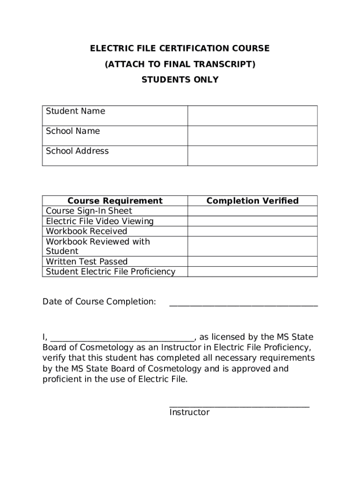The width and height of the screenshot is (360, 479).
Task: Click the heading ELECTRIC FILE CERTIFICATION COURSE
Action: [x=180, y=49]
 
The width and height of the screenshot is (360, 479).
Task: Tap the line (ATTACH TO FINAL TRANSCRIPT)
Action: [x=180, y=64]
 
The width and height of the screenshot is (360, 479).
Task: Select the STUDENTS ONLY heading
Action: [x=180, y=80]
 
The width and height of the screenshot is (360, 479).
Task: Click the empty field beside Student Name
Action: [x=252, y=116]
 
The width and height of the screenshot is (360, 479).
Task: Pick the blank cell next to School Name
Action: [x=252, y=136]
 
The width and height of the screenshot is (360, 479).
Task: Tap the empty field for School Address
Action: [x=252, y=156]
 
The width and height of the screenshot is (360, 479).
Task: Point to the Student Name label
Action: [x=75, y=111]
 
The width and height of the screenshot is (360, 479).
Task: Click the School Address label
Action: [x=77, y=151]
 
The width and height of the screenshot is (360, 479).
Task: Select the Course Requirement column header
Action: [x=115, y=201]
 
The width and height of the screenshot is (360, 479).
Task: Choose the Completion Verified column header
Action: [x=252, y=201]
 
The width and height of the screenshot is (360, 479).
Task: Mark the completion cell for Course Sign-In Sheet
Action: [x=252, y=211]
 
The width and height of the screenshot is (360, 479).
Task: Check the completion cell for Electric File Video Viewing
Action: [x=252, y=221]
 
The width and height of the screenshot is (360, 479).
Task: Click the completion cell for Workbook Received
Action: [x=252, y=231]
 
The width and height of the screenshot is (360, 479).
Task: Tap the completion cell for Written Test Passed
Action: [x=252, y=261]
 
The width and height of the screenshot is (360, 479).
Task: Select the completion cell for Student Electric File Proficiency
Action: [x=252, y=272]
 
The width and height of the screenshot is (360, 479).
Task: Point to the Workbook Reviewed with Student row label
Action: [x=98, y=247]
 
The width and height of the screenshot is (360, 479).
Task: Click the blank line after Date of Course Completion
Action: [x=243, y=304]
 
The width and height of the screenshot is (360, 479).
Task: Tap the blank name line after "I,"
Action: [x=122, y=340]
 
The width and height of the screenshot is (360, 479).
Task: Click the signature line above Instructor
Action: [x=239, y=406]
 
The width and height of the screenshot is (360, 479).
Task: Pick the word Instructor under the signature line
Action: [x=189, y=413]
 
